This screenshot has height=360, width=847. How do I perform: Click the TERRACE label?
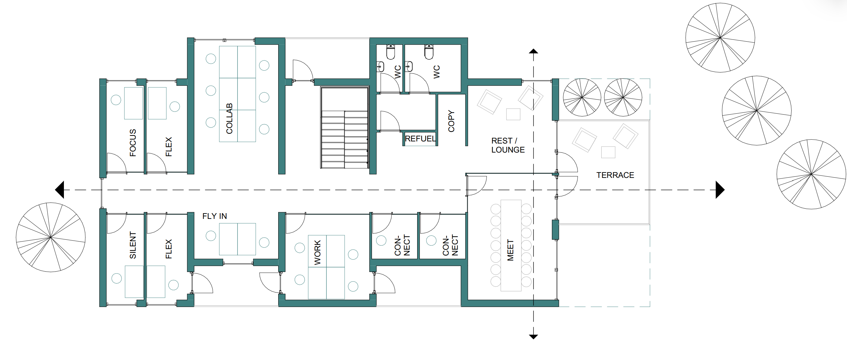pyautogui.click(x=615, y=175)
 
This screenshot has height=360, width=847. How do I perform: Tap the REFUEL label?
pyautogui.click(x=420, y=139)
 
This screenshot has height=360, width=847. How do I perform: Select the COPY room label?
pyautogui.click(x=451, y=121)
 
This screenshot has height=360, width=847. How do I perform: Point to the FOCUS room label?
pyautogui.click(x=133, y=143)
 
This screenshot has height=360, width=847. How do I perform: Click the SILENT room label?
pyautogui.click(x=133, y=245)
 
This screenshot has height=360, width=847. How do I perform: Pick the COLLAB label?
pyautogui.click(x=229, y=118)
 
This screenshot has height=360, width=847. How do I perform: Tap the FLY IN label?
pyautogui.click(x=214, y=216)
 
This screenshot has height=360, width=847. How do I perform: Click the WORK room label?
pyautogui.click(x=317, y=252)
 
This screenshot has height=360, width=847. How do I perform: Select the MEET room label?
pyautogui.click(x=510, y=250)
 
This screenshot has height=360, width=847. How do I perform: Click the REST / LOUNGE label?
pyautogui.click(x=508, y=145)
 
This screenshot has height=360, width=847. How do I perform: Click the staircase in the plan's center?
pyautogui.click(x=345, y=128)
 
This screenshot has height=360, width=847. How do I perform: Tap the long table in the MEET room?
pyautogui.click(x=511, y=245)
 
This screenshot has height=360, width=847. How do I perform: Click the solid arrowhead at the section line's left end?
pyautogui.click(x=59, y=190)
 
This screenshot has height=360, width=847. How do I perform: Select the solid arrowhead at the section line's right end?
pyautogui.click(x=720, y=190)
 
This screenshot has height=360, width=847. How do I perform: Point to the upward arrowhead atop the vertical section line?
pyautogui.click(x=533, y=51)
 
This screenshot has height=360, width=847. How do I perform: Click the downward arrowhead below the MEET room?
pyautogui.click(x=533, y=337)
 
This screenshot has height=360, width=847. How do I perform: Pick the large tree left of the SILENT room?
pyautogui.click(x=51, y=237)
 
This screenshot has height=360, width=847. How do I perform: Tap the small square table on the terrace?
pyautogui.click(x=608, y=152)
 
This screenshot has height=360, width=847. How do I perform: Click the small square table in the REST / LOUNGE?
pyautogui.click(x=513, y=114)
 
